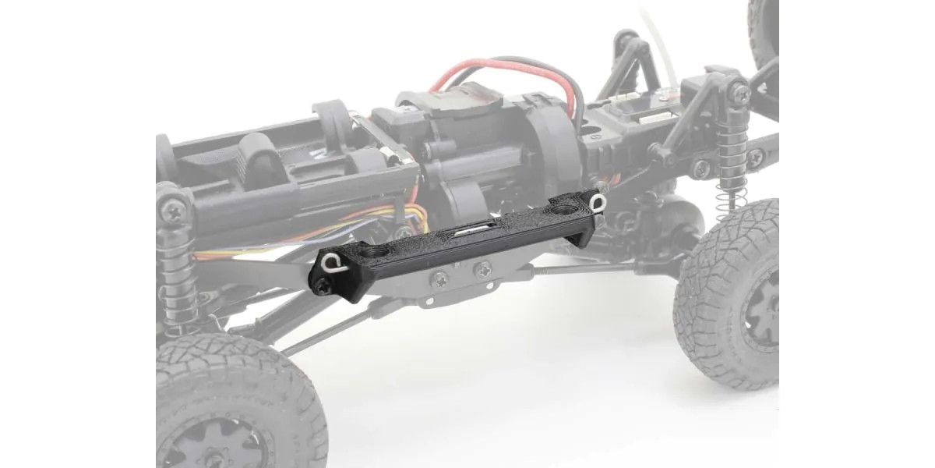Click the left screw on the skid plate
tap(441, 277)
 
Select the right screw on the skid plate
tap(483, 270)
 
